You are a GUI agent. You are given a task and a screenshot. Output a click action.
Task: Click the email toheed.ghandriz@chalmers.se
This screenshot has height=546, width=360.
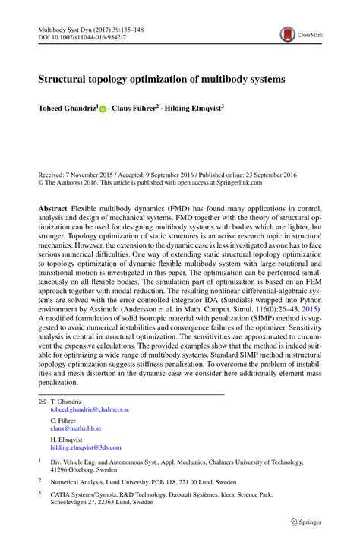point(90,409)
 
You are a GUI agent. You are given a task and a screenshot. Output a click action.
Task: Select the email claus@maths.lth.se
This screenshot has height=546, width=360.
point(76,428)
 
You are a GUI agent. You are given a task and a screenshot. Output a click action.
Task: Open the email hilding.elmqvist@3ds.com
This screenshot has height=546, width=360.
point(87,447)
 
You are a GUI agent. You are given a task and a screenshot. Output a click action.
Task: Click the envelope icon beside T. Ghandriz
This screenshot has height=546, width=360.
point(42,401)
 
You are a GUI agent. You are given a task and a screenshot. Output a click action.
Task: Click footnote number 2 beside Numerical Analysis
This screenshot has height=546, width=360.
point(40,480)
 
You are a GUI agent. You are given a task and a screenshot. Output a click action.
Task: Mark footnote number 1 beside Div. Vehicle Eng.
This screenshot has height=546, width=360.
point(40,459)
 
